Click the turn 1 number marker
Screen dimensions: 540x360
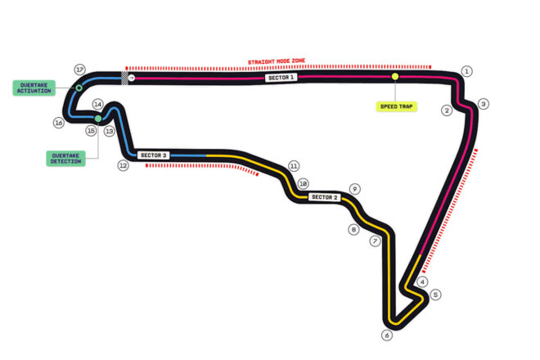pos(466,71)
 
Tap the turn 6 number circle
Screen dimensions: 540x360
pos(387,335)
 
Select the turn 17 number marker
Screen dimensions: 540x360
pos(80,70)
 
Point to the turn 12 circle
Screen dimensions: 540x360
pos(124,166)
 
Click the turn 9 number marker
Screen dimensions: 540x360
pos(355,189)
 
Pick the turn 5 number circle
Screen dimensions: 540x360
pos(435,295)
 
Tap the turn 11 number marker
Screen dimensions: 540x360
pos(294,166)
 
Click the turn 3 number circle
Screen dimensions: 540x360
pos(484,104)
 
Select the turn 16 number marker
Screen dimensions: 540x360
pos(59,123)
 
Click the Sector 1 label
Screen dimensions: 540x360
pos(281,78)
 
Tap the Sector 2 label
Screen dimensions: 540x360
pos(325,197)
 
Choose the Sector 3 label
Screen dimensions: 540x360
pos(153,155)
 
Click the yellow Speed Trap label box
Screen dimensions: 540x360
pos(396,106)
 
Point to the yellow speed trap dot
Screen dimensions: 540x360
pos(395,76)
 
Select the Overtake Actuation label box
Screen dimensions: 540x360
pos(34,88)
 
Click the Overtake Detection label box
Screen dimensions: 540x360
pos(65,159)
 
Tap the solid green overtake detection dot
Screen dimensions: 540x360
pos(98,119)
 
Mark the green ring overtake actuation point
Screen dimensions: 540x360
pos(79,88)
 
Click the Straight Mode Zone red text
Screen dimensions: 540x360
pos(277,61)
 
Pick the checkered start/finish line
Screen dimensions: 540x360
pos(124,78)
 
